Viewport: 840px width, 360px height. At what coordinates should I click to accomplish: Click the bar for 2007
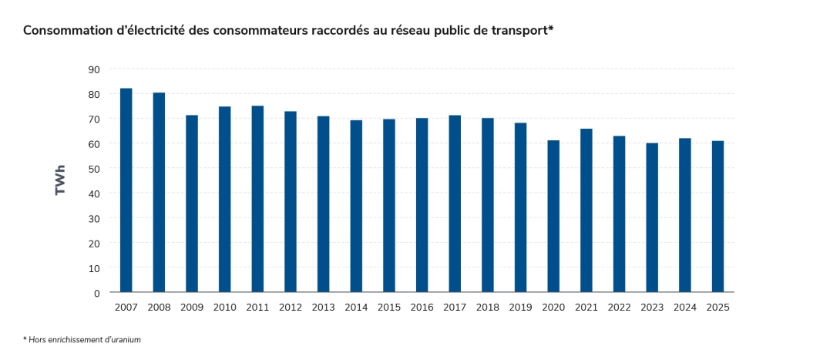click(126, 190)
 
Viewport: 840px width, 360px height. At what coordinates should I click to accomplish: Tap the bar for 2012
click(291, 202)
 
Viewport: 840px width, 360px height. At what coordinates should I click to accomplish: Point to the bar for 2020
click(553, 216)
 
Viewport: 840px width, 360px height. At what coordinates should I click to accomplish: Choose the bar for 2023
click(652, 217)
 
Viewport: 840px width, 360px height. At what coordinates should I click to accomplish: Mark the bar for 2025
click(717, 217)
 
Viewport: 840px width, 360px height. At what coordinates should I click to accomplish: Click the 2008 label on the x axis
click(159, 307)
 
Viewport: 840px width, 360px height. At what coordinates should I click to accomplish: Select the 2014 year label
click(356, 307)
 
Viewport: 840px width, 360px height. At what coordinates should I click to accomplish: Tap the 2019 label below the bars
click(520, 307)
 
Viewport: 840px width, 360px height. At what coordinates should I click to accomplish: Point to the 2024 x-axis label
click(685, 307)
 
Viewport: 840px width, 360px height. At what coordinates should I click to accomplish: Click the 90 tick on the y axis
click(94, 69)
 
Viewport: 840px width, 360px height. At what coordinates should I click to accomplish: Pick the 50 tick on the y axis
click(94, 169)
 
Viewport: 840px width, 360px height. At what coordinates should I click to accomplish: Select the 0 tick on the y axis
click(97, 293)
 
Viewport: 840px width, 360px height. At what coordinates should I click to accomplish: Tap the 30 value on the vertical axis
click(94, 218)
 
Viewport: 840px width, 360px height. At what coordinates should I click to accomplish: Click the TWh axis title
click(61, 180)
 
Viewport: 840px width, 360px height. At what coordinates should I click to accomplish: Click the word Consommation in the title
click(65, 31)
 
